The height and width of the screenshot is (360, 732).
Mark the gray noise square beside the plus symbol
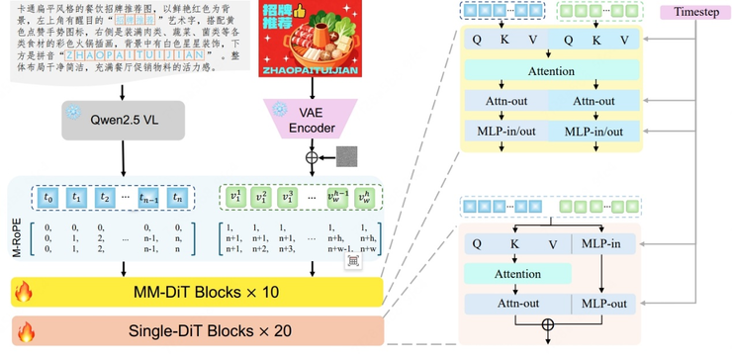click(x=347, y=156)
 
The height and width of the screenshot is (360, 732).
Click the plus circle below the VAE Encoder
click(x=315, y=156)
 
